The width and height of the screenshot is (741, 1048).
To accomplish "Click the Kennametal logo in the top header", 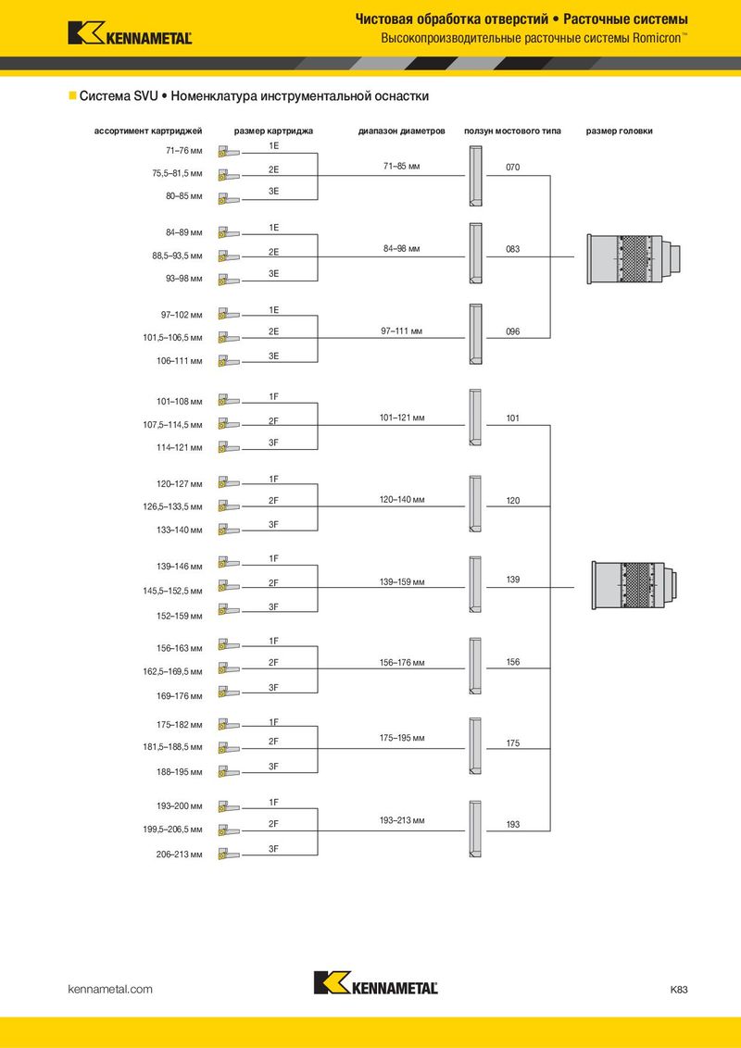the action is click(x=130, y=32).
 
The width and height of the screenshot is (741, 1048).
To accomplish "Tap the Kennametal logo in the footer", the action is click(x=376, y=982).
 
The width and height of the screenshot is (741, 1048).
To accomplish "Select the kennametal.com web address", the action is click(x=110, y=989).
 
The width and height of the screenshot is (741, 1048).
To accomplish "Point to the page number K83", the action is click(x=679, y=989).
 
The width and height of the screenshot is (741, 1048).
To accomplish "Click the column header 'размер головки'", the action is click(x=620, y=131).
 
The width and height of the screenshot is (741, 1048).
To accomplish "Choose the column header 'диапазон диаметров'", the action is click(x=401, y=131).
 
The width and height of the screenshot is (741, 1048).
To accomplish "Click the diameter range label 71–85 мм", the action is click(x=401, y=166).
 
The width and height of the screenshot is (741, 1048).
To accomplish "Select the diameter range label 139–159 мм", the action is click(x=402, y=582).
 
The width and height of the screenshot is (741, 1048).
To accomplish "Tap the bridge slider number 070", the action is click(x=512, y=167).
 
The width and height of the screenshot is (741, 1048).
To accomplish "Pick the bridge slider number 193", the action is click(x=512, y=824).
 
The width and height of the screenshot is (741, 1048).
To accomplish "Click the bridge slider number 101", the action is click(x=512, y=418).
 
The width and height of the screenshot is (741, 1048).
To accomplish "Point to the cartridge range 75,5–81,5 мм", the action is click(x=177, y=174).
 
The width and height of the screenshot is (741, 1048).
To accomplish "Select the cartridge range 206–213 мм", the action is click(x=180, y=855).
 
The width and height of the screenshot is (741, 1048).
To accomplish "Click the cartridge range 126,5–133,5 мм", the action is click(x=172, y=506).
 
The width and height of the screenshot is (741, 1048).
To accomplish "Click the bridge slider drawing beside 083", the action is click(x=475, y=253).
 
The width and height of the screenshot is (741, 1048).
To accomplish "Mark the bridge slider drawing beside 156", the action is click(x=475, y=666).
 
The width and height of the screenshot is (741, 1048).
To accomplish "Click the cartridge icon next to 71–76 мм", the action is click(x=228, y=153).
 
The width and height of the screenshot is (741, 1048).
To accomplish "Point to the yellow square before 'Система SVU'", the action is click(x=72, y=95).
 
